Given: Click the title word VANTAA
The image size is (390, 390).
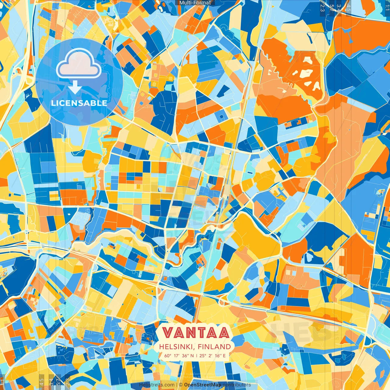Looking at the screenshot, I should point(195,333).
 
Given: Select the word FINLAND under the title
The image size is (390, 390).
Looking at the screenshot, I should point(214,347).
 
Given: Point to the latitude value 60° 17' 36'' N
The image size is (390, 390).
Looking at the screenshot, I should point(179,356).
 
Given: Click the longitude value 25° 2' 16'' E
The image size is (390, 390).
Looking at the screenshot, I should point(213,356).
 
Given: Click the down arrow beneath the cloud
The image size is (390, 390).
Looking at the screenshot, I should point(75,88).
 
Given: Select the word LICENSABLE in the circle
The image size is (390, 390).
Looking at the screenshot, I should point(79,103).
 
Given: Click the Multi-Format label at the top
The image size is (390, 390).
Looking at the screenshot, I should point(195,3).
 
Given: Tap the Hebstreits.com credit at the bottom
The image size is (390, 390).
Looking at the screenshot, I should point(157,385).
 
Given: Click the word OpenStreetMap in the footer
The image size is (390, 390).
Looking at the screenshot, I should point(202,385).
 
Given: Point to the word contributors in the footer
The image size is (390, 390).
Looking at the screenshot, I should point(237,385).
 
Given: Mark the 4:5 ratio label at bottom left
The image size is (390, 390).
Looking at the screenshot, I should point(41,381).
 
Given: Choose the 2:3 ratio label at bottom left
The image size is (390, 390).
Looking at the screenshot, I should point(68,381).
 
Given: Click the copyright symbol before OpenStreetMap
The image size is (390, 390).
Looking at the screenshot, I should point(181,385).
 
